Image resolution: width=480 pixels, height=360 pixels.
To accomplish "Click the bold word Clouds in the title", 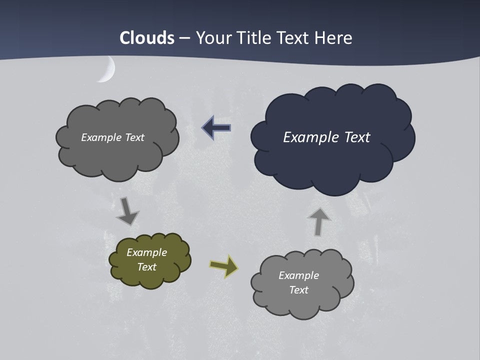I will point(147,38).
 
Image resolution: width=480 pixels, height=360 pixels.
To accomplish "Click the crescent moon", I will point(108,70).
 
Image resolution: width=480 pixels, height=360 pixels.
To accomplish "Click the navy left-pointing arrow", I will point(216,128).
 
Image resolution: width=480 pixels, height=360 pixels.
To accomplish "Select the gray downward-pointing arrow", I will point(127,211).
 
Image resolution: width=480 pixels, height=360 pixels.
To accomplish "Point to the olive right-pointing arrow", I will point(224,266).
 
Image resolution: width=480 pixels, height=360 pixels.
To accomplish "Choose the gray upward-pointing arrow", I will point(318,221).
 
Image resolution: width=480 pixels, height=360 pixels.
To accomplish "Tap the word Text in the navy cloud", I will point(357,137).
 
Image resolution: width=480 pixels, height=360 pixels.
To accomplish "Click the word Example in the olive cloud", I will point(146,252).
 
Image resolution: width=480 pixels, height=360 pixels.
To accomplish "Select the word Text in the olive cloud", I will point(146,267).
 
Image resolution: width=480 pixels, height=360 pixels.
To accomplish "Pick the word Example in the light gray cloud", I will point(298,275).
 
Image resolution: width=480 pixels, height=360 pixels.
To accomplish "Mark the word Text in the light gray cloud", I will point(298,290).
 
